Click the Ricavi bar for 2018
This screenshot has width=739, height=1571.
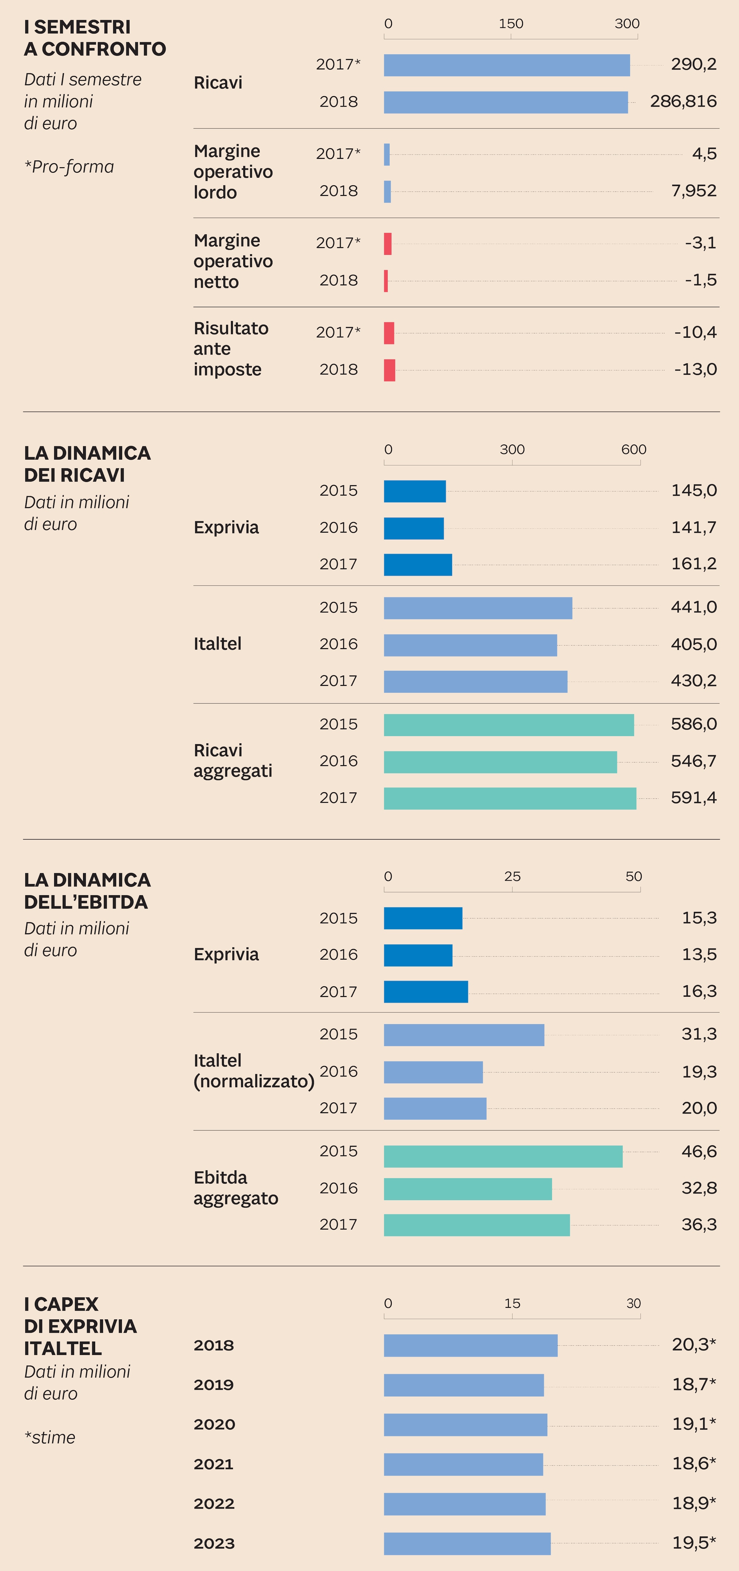click(x=505, y=102)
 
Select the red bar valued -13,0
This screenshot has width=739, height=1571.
click(x=389, y=370)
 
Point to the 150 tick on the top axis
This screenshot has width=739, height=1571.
click(x=511, y=24)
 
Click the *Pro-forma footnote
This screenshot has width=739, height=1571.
click(x=69, y=167)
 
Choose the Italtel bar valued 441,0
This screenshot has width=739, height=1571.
click(x=478, y=608)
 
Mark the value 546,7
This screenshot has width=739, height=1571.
click(x=693, y=761)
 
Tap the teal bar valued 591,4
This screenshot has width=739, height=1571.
click(x=510, y=798)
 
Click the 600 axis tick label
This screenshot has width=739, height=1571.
click(x=633, y=450)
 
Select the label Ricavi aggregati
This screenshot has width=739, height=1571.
click(x=232, y=761)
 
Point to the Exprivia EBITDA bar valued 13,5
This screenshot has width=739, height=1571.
click(x=418, y=955)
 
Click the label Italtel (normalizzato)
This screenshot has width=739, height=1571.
click(x=253, y=1071)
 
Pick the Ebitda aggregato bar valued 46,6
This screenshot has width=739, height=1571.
click(x=503, y=1156)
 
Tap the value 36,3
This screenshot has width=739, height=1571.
click(x=699, y=1225)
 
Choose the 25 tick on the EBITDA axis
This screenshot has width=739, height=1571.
click(x=512, y=876)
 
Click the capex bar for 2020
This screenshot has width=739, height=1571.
click(x=465, y=1425)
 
